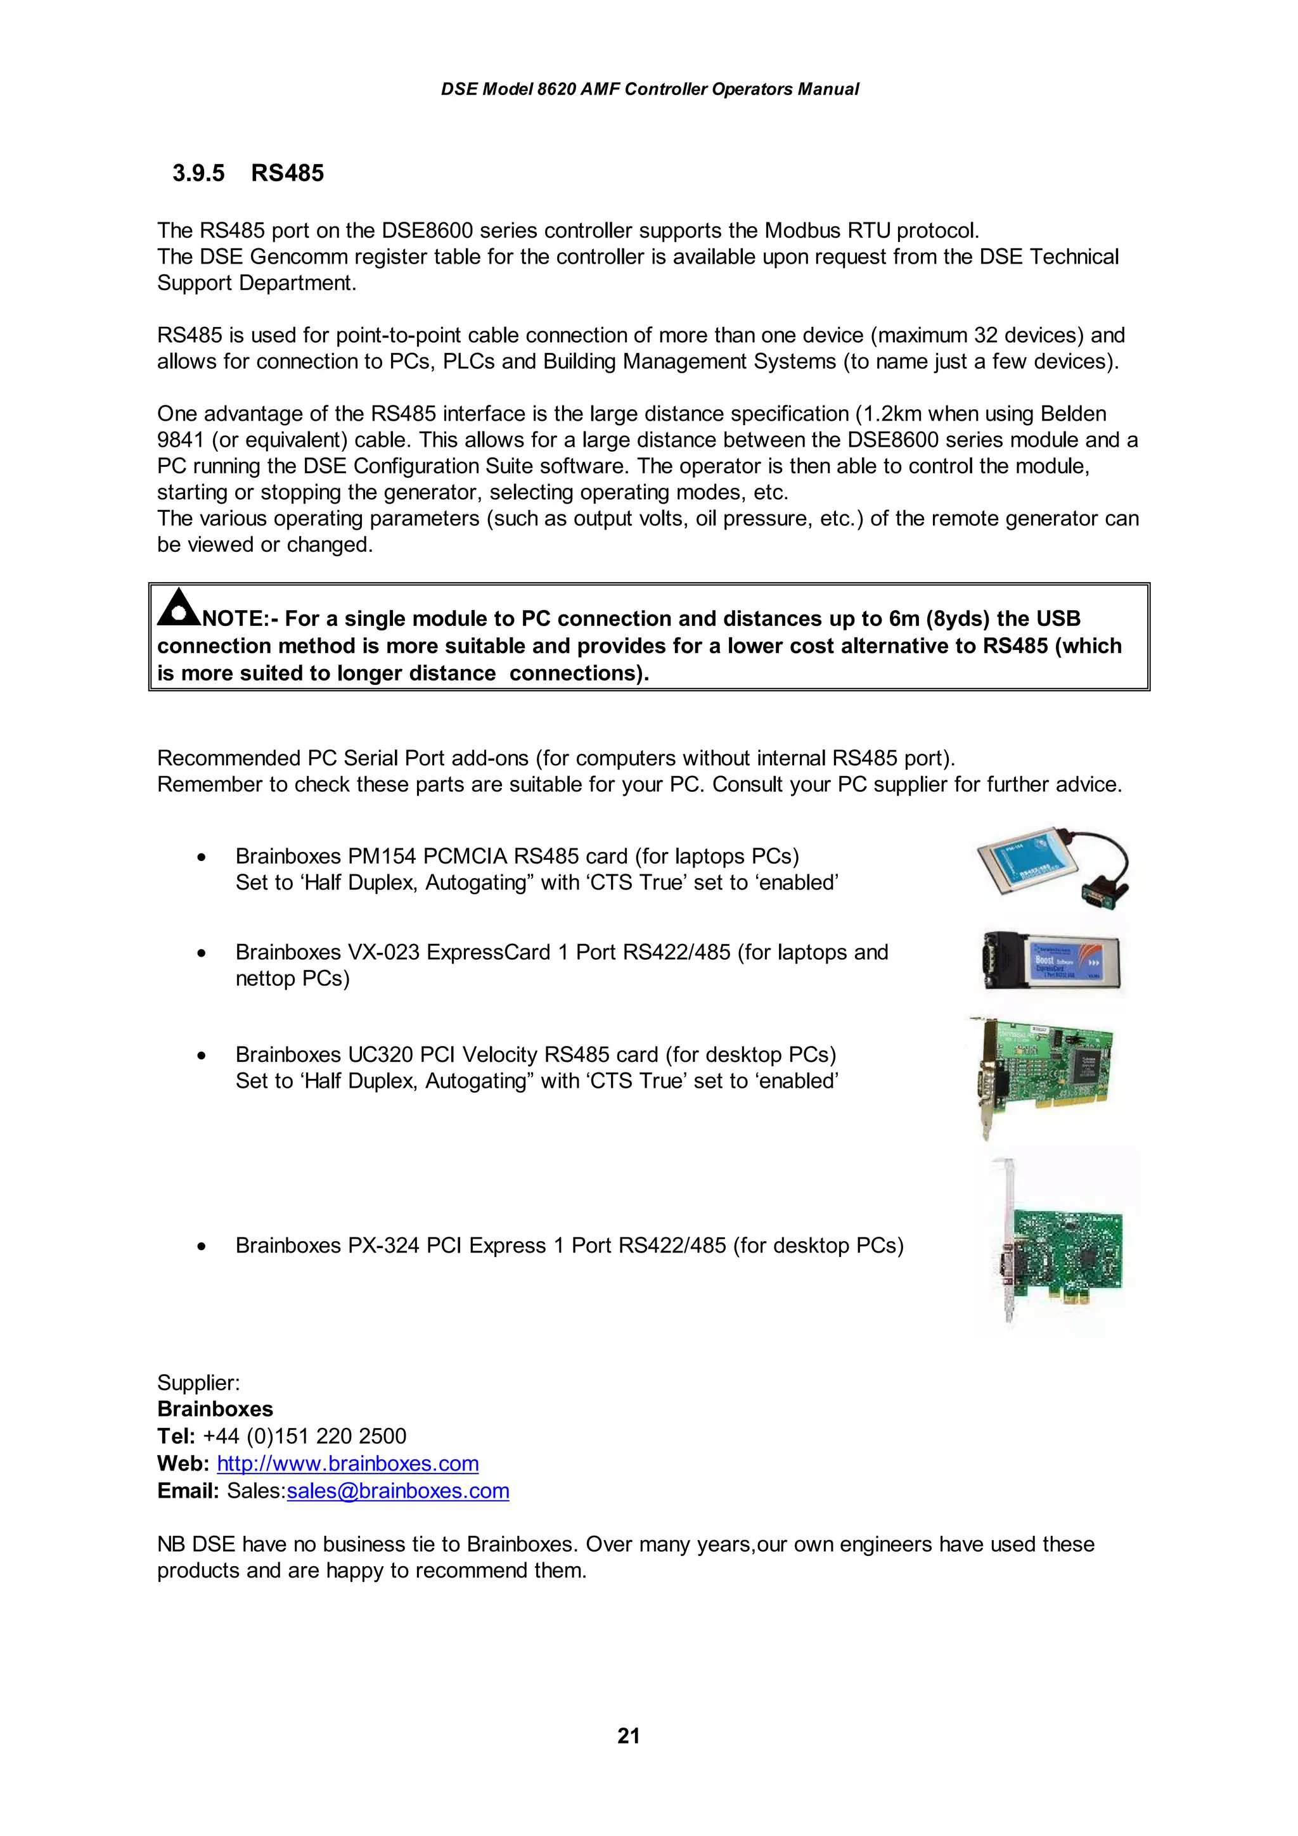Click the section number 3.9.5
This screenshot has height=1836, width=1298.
pyautogui.click(x=198, y=173)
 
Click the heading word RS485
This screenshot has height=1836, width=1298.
pyautogui.click(x=287, y=173)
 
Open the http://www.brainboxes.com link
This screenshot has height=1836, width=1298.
pyautogui.click(x=347, y=1463)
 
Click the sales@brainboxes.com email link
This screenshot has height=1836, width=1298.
pyautogui.click(x=397, y=1491)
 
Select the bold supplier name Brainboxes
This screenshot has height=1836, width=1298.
pyautogui.click(x=215, y=1409)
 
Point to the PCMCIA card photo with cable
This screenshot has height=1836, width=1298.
pyautogui.click(x=1053, y=867)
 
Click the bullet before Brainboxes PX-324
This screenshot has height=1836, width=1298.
pyautogui.click(x=202, y=1246)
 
